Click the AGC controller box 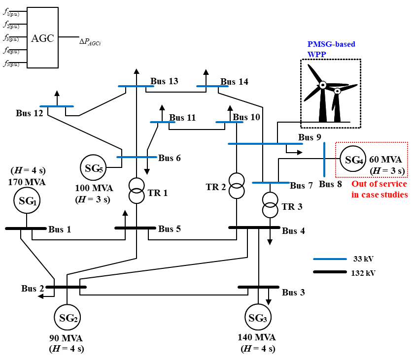coord(43,37)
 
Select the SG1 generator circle coord(28,200)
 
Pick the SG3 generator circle coord(258,318)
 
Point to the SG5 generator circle coord(93,168)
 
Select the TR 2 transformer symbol coord(237,186)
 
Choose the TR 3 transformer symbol coord(270,204)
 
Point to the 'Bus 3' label coord(293,293)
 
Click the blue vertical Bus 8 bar coord(324,159)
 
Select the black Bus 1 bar coord(25,229)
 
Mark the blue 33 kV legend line coord(330,259)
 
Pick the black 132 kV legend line coord(330,272)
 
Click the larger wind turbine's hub coord(322,85)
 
